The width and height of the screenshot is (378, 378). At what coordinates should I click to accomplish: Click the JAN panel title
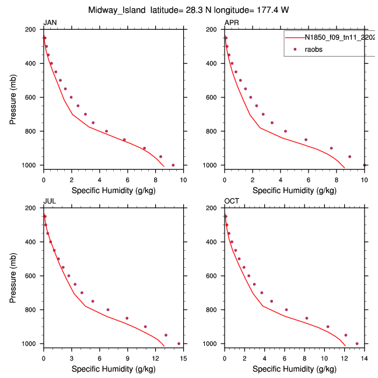pos(50,23)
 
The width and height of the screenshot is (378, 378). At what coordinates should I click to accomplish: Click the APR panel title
pos(231,23)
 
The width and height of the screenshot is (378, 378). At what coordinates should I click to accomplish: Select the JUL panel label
pos(50,201)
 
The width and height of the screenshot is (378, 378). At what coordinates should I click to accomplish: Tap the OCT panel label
pos(232,201)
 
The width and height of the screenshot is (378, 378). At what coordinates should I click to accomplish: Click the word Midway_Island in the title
pos(117,10)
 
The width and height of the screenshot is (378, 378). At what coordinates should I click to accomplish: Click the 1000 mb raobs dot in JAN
pos(173,165)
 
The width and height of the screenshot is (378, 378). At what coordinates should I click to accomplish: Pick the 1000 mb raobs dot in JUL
pos(178,344)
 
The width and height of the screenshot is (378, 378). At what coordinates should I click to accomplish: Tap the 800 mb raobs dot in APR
pos(285,131)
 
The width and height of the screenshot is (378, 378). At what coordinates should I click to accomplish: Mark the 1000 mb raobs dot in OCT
pos(357,344)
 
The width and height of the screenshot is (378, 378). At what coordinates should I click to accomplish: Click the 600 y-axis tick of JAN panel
pos(33,97)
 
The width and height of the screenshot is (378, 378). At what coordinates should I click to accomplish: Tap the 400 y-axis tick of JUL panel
pos(33,242)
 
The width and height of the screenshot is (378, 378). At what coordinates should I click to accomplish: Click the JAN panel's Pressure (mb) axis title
pos(13,97)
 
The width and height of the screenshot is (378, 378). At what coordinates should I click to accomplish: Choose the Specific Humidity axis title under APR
pos(295,190)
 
